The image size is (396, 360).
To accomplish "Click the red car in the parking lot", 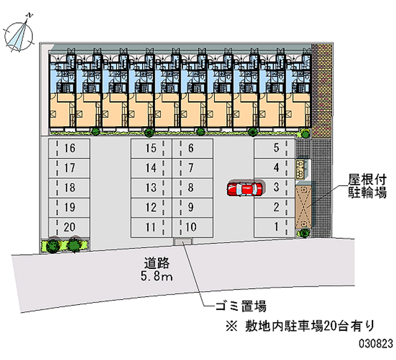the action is [x=244, y=189].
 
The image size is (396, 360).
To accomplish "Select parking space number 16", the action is [x=69, y=148].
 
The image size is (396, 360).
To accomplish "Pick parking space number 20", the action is [x=69, y=227].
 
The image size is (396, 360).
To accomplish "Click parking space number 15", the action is [x=151, y=148].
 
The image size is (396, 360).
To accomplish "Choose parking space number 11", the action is [x=151, y=227].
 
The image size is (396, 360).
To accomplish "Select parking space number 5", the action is [x=274, y=148].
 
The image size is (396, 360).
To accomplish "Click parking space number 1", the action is [x=274, y=227].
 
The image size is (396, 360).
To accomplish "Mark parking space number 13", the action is [x=151, y=188].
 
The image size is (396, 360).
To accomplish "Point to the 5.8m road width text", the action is [x=155, y=277].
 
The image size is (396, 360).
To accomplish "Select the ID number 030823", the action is [x=375, y=342].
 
